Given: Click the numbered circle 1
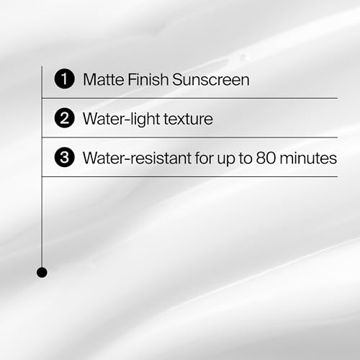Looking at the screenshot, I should tap(65, 79).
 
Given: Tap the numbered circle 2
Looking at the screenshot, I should tap(65, 118).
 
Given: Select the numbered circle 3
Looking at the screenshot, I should tap(65, 158).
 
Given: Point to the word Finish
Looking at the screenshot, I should tap(148, 79).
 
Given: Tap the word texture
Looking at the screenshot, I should tap(189, 119).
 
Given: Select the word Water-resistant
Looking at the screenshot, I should tap(138, 158).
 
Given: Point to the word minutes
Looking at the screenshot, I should tap(310, 158).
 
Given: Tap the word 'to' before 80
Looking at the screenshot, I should tap(249, 158).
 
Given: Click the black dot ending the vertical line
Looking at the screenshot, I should tap(42, 272).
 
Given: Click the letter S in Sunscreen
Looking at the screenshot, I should tap(177, 79).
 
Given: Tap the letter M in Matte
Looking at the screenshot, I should tap(89, 79).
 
